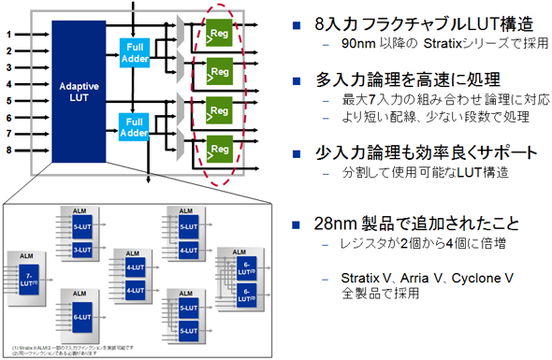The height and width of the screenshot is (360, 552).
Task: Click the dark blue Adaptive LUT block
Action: point(80,89)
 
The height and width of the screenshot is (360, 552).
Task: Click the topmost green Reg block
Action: point(221,35)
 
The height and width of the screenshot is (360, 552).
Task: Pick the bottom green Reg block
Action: point(221,147)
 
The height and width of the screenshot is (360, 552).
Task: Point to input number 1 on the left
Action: point(9,35)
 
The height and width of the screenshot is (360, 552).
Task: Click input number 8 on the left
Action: point(9,149)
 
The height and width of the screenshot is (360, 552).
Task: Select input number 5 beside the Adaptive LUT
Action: point(9,100)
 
